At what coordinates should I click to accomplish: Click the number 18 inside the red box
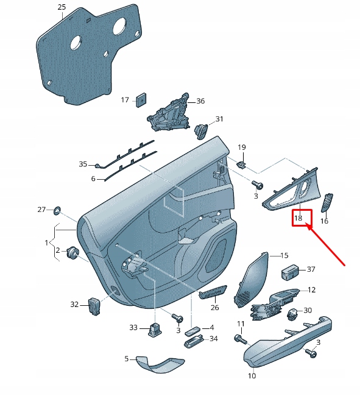click(x=298, y=218)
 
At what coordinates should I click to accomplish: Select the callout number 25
click(x=62, y=7)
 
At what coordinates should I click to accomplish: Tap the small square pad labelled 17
click(x=141, y=99)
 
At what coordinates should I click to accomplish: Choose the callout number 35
click(x=83, y=164)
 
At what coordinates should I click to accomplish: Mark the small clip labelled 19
click(x=241, y=164)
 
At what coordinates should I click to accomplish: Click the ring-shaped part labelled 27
click(x=57, y=210)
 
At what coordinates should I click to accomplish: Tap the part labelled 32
click(x=94, y=305)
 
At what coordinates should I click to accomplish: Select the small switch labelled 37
click(x=289, y=270)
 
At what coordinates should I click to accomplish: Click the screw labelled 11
click(x=239, y=337)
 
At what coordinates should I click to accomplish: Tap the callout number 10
click(x=252, y=376)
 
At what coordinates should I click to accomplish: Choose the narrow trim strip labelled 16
click(x=327, y=202)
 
